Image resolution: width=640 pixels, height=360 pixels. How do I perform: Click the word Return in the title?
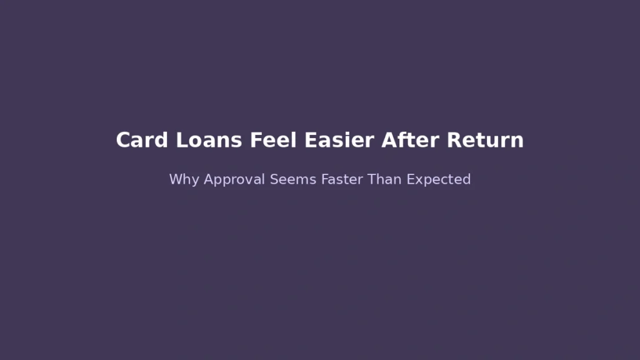(485, 140)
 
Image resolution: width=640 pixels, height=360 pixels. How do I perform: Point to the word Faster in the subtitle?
(342, 179)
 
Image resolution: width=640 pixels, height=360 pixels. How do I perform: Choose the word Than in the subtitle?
(384, 179)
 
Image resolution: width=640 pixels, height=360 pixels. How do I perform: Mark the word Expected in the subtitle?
(438, 180)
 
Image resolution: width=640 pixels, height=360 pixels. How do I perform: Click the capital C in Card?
(123, 140)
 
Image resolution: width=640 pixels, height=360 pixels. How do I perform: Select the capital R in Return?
(453, 140)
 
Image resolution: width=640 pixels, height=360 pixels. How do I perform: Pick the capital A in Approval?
(209, 179)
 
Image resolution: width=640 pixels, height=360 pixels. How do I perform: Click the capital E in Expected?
(410, 179)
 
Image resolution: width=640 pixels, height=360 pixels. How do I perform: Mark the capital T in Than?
(371, 179)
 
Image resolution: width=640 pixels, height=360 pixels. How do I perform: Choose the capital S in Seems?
(274, 179)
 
